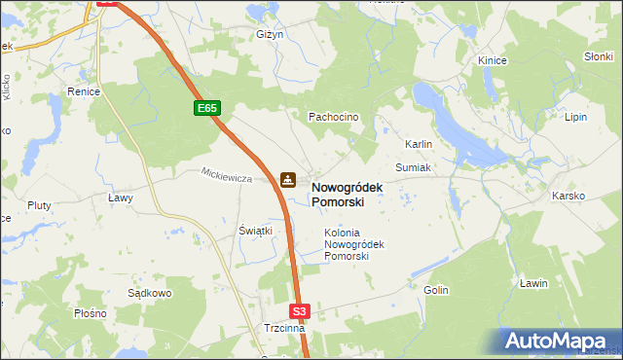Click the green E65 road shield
pos(205,108)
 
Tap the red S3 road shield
pos(300,311)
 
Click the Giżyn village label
pos(270,34)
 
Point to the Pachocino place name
pos(334,117)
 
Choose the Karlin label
pos(419,144)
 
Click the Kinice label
pos(492,60)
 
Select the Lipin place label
pos(576,117)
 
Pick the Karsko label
pos(568,196)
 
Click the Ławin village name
pos(533,283)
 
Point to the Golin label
pos(435,290)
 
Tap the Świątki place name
pos(255,231)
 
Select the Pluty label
pos(39,205)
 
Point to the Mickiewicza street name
pos(227,178)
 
